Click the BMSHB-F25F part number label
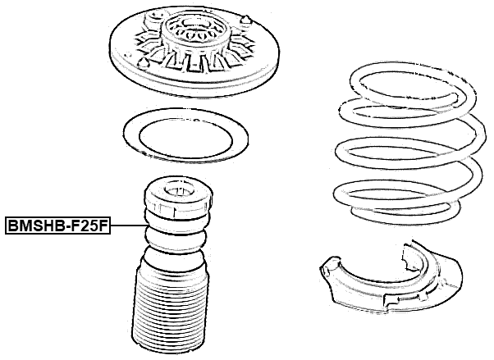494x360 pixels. point(58,225)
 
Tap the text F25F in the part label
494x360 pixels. point(89,225)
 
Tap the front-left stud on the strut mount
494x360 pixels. point(143,63)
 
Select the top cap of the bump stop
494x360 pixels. point(177,202)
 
